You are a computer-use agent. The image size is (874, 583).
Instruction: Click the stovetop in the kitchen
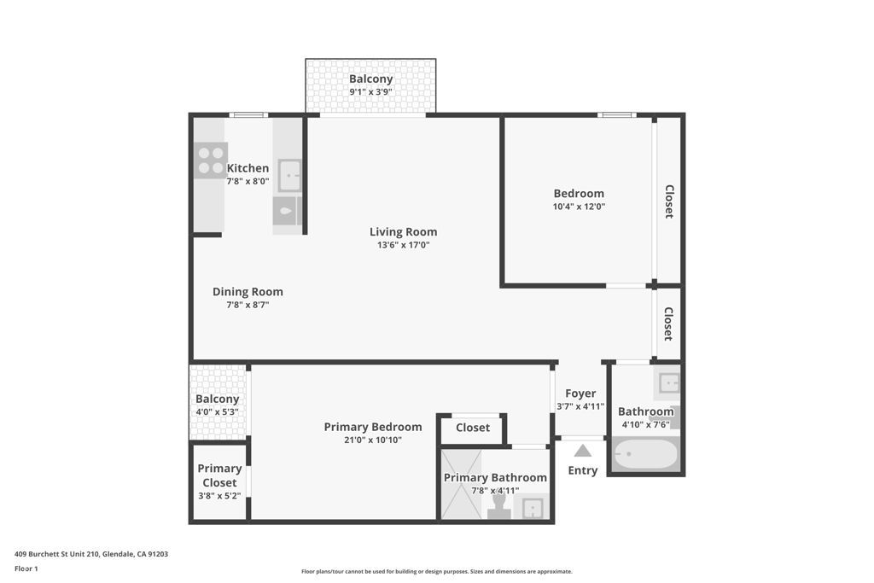click(x=210, y=160)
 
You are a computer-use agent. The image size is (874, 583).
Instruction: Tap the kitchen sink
click(x=289, y=176)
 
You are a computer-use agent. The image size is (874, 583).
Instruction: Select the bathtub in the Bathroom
click(x=646, y=454)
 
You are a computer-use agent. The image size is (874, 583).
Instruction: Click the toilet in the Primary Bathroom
click(x=499, y=505)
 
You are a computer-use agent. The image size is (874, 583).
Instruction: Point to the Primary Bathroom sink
click(x=533, y=509)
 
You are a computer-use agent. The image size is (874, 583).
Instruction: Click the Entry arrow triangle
click(x=583, y=451)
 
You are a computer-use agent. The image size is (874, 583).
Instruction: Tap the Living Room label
click(x=403, y=231)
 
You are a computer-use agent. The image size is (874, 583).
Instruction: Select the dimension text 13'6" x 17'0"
click(x=403, y=245)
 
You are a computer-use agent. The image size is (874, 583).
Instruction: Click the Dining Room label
click(x=248, y=291)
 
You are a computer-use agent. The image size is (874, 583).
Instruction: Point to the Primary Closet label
click(x=219, y=475)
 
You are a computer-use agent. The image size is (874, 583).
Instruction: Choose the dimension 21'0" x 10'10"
click(x=373, y=440)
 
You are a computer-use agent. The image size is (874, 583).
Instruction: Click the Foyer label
click(x=580, y=394)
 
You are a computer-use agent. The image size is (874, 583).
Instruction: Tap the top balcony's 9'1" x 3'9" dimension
click(x=370, y=92)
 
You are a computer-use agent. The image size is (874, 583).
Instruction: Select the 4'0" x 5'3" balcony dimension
click(x=217, y=411)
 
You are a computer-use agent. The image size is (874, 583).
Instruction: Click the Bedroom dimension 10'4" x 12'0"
click(x=579, y=207)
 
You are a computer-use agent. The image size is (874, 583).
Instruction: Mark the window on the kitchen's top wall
click(x=248, y=115)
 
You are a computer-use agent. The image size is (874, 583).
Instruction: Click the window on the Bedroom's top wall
click(x=616, y=115)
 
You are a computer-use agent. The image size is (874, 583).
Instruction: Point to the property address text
click(x=91, y=554)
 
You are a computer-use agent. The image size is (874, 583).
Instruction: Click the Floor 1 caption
click(x=26, y=568)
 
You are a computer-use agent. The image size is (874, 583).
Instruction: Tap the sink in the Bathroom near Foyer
click(x=668, y=382)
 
